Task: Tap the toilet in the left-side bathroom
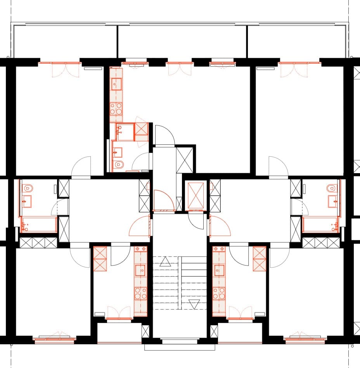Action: pyautogui.click(x=27, y=189)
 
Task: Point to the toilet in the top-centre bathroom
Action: pyautogui.click(x=119, y=165)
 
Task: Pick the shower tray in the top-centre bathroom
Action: pyautogui.click(x=141, y=128)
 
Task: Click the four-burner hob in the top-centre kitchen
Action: pyautogui.click(x=116, y=109)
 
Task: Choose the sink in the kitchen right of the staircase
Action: pyautogui.click(x=219, y=269)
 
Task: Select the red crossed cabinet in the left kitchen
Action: pyautogui.click(x=100, y=259)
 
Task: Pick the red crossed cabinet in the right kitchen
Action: pyautogui.click(x=259, y=259)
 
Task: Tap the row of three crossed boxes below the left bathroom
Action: pyautogui.click(x=38, y=243)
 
